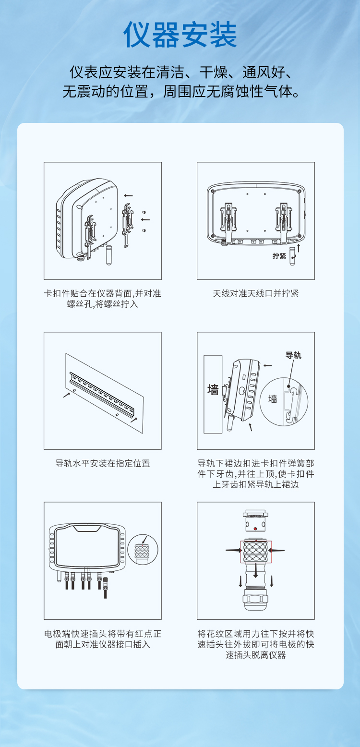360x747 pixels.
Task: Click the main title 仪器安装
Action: click(x=180, y=35)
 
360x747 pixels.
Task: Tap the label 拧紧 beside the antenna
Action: click(x=279, y=256)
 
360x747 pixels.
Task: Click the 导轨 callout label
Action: click(x=293, y=355)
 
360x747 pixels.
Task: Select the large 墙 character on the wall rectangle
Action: click(x=213, y=389)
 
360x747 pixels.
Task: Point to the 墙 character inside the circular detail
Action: click(x=273, y=399)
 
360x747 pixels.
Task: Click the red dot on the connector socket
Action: click(x=255, y=529)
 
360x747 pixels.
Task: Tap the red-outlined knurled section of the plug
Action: click(x=256, y=552)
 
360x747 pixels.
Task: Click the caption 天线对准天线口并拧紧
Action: click(x=256, y=293)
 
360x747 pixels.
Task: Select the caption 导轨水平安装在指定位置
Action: click(x=103, y=463)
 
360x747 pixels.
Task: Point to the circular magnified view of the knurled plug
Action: click(x=143, y=550)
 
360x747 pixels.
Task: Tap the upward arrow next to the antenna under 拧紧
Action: click(x=299, y=248)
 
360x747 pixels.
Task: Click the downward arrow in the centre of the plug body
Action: click(x=256, y=571)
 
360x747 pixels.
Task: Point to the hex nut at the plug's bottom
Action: click(x=255, y=599)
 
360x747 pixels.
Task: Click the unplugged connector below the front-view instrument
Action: click(x=105, y=588)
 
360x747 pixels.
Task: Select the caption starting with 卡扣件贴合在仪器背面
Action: click(x=103, y=299)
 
